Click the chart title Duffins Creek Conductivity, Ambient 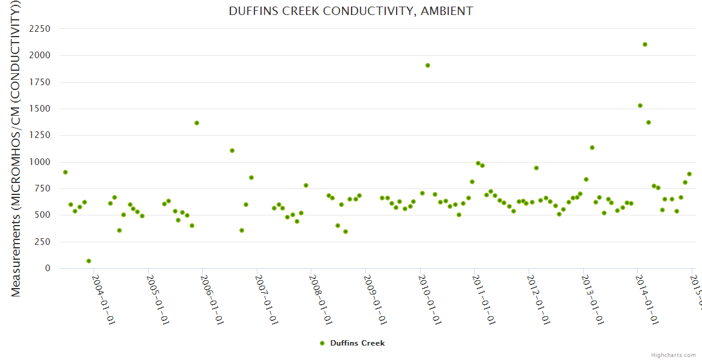tap(351, 11)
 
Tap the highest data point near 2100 tap(645, 44)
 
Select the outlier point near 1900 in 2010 tap(428, 65)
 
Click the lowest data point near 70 tap(89, 261)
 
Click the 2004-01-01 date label tap(103, 292)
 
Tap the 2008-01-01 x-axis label tap(320, 292)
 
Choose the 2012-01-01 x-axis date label tap(538, 292)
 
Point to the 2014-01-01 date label tap(647, 292)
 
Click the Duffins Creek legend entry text tap(358, 343)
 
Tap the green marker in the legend tap(322, 343)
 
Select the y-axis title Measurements tap(17, 150)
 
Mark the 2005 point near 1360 tap(197, 123)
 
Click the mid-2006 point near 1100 tap(232, 151)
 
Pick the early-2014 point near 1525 tap(640, 106)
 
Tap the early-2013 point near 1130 tap(592, 148)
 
